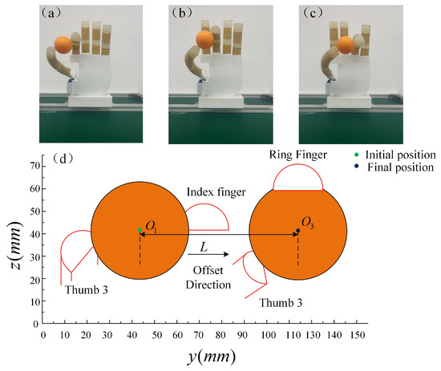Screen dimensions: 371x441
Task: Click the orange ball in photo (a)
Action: [64, 46]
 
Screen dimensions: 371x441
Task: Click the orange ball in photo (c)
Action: [346, 44]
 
